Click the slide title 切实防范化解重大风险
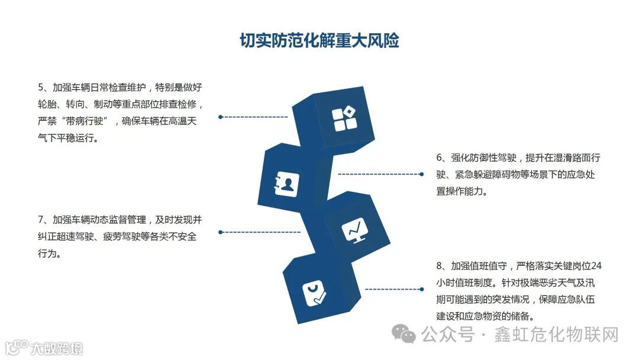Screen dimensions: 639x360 (319, 40)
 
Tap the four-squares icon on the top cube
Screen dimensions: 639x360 (344, 118)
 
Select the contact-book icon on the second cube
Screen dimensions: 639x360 (286, 184)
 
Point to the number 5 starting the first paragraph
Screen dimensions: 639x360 (41, 88)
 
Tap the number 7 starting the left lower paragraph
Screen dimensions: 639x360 (41, 220)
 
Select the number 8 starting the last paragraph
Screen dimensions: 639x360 (440, 265)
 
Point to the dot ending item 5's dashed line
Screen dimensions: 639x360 (220, 117)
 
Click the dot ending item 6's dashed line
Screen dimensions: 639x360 (421, 174)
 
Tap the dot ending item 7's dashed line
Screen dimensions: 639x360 (220, 232)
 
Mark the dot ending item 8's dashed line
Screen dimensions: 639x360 (421, 289)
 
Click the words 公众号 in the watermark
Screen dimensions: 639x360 (448, 335)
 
